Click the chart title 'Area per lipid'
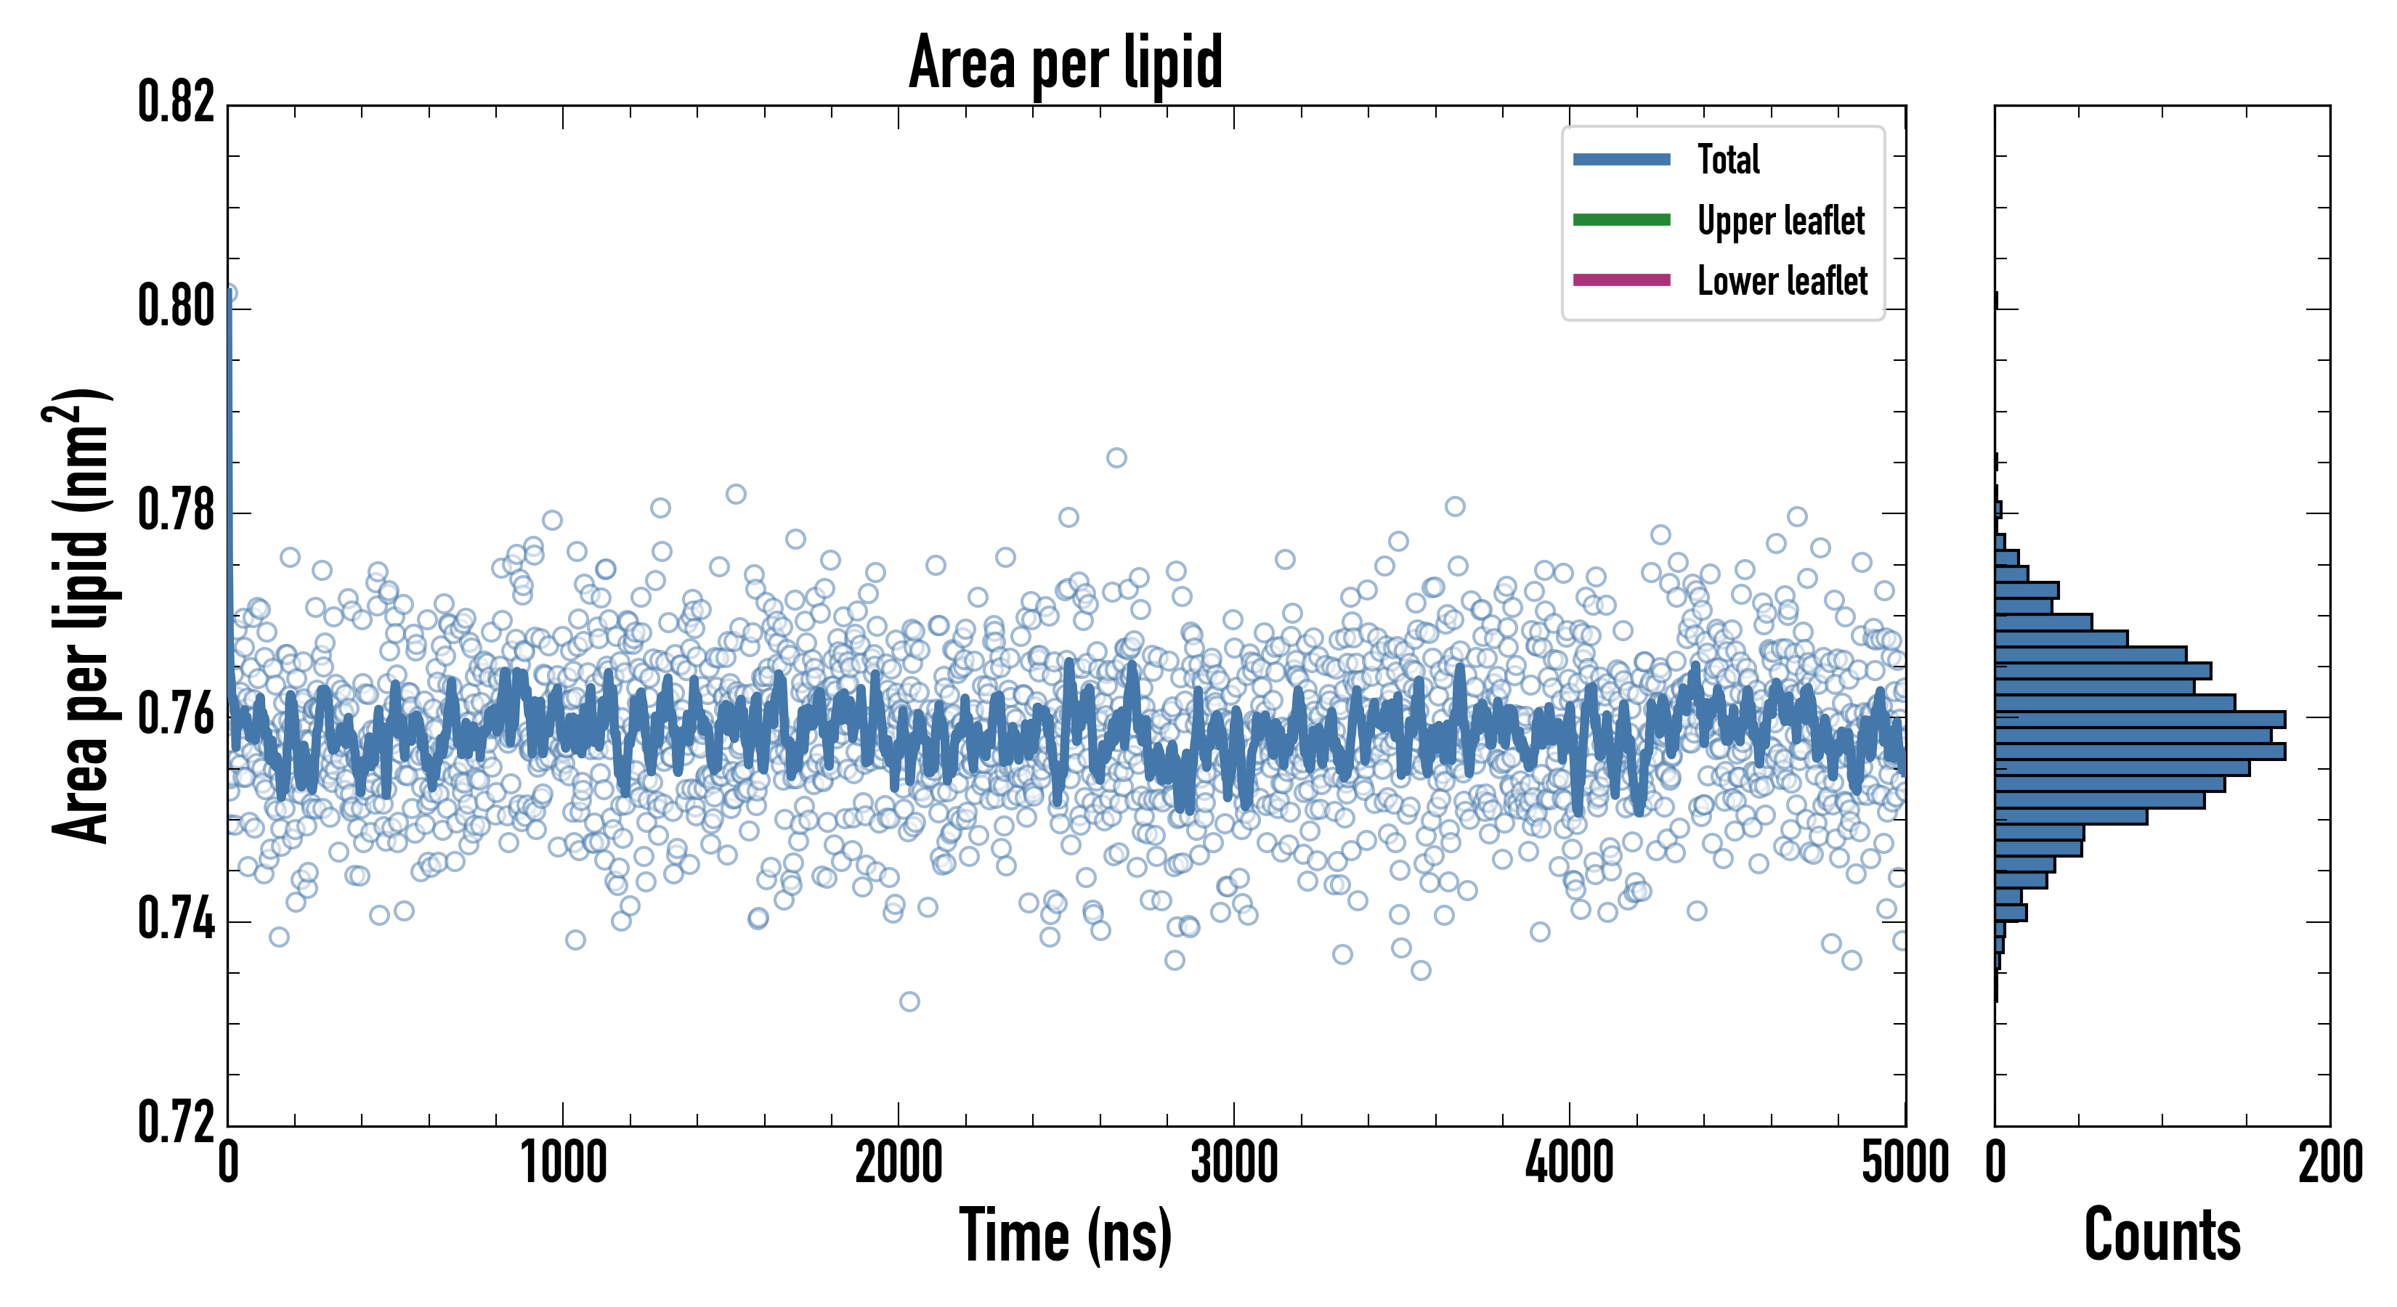[x=1066, y=62]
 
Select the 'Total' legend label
[x=1728, y=159]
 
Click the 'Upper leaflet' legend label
[x=1780, y=221]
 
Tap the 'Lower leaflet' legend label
[x=1782, y=281]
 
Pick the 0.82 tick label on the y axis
[x=176, y=102]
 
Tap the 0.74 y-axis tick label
[x=176, y=919]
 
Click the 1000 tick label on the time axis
[x=563, y=1163]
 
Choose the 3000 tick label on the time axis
[x=1234, y=1163]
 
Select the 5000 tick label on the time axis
[x=1905, y=1163]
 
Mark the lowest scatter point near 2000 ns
[x=909, y=1001]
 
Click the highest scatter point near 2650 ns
[x=1116, y=457]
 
